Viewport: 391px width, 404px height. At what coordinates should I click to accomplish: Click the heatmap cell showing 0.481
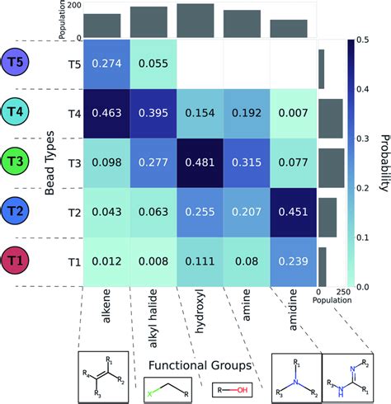[x=199, y=162]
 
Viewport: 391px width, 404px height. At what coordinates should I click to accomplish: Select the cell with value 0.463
[x=106, y=112]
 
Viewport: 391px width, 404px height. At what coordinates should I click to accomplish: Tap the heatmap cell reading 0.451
[x=293, y=211]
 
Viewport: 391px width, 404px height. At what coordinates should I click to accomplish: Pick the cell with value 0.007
[x=293, y=112]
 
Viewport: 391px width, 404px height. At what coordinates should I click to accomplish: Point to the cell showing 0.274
[x=106, y=63]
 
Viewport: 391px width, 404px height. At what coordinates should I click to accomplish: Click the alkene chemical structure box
[x=101, y=375]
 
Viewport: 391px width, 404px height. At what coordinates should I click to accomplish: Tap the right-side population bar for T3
[x=330, y=162]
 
